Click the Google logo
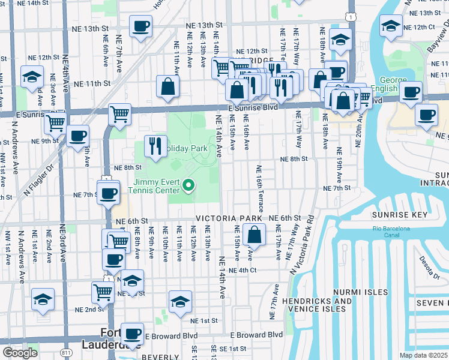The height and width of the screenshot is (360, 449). (x=20, y=353)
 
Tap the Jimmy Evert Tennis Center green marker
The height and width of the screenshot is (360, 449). (x=189, y=186)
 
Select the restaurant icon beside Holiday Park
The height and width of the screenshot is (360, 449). (x=155, y=146)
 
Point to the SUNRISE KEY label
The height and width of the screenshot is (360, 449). (x=400, y=215)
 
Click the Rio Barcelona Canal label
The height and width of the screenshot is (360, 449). (x=391, y=232)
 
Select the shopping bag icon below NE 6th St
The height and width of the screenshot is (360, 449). (x=255, y=235)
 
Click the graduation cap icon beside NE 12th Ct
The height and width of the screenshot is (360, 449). (x=391, y=26)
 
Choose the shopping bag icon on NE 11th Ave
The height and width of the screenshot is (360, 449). (x=168, y=86)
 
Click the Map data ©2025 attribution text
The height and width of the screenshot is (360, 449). (x=424, y=355)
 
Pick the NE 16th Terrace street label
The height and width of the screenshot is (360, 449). (x=260, y=188)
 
